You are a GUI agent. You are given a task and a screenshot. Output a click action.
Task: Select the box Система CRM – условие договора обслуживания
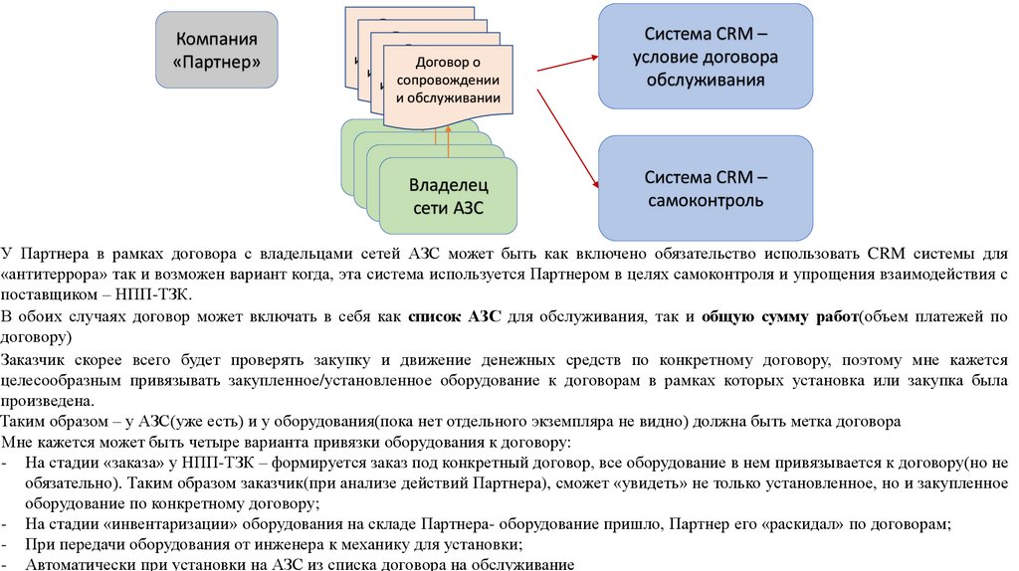[x=705, y=56]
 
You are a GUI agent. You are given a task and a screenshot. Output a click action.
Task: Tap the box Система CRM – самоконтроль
[x=705, y=188]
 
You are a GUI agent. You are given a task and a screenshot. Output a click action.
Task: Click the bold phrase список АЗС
[x=449, y=317]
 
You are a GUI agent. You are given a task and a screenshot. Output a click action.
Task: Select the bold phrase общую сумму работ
[x=779, y=317]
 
